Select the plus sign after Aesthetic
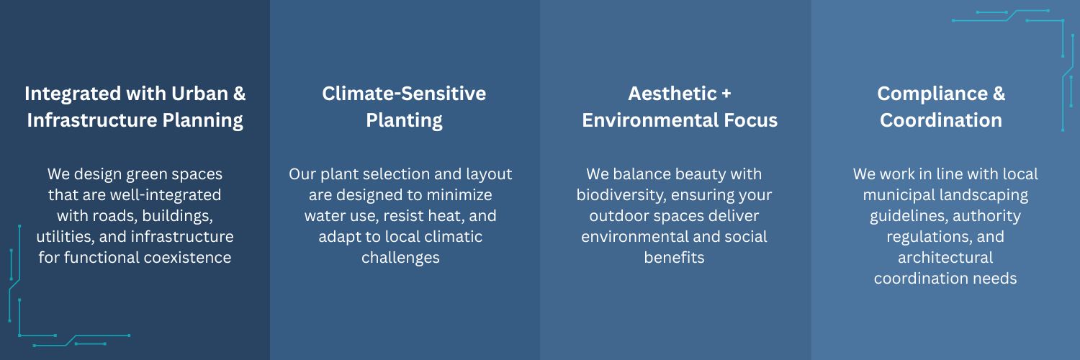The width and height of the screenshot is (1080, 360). [726, 94]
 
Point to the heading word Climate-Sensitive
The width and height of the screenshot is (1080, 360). [404, 94]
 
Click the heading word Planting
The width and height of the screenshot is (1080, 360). [404, 120]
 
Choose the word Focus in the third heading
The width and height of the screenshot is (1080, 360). [750, 120]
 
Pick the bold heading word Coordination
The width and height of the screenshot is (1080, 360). [941, 120]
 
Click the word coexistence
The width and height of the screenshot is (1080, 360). [187, 257]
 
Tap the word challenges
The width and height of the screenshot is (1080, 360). [400, 258]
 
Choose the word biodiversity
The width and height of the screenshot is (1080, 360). [621, 195]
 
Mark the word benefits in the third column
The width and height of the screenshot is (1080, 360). [674, 257]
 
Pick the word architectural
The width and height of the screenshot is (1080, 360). [945, 257]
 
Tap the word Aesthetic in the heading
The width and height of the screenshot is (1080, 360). [672, 94]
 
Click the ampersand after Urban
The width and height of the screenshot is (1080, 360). [239, 94]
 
